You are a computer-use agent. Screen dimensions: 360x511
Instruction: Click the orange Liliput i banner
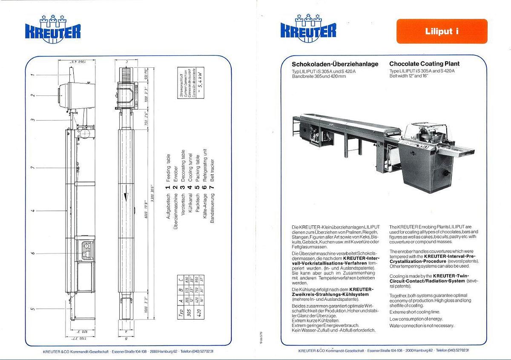[x=442, y=31]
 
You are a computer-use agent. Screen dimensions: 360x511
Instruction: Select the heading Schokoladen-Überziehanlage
[x=335, y=64]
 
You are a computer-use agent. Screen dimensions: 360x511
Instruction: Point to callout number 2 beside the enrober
[x=33, y=95]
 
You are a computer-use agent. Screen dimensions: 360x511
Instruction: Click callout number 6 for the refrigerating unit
[x=33, y=253]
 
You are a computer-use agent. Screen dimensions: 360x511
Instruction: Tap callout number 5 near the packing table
[x=33, y=308]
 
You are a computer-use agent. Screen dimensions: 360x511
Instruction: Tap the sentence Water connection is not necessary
[x=422, y=325]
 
